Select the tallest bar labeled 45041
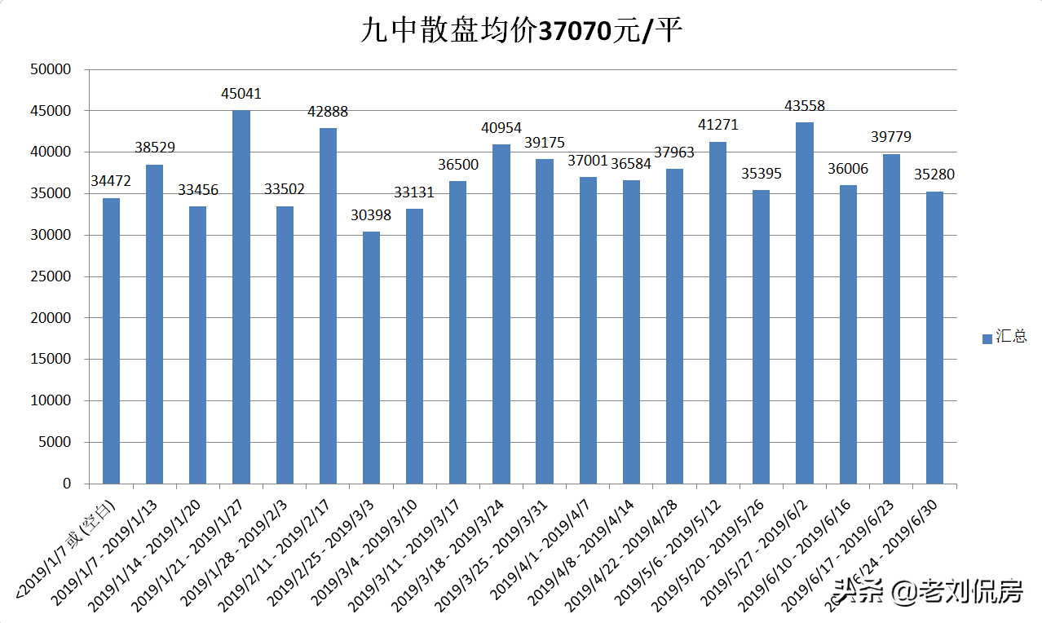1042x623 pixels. click(x=241, y=298)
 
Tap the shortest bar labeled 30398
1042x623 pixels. click(x=371, y=359)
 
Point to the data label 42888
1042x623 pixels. click(x=328, y=111)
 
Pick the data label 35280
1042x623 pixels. click(x=934, y=175)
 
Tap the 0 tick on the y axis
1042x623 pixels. click(x=66, y=484)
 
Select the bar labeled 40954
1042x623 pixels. click(x=501, y=314)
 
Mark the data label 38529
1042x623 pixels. click(x=154, y=148)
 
